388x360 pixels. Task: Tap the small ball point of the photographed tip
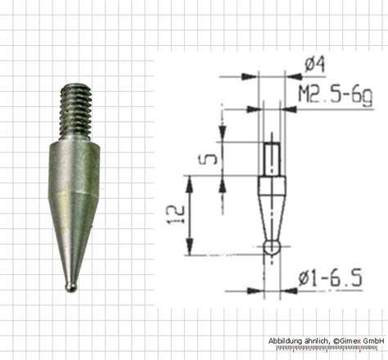(72, 287)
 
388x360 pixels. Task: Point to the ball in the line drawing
(271, 247)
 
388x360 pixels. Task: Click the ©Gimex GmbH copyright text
(359, 340)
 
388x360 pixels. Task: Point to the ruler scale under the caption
(327, 350)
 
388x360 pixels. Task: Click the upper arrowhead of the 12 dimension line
(189, 181)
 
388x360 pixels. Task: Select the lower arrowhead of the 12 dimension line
(189, 249)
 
